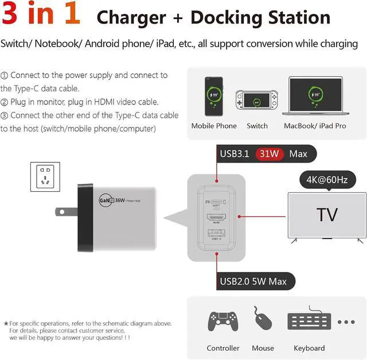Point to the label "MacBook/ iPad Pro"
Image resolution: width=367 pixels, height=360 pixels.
pos(315,126)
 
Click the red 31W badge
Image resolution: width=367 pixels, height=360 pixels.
pos(269,154)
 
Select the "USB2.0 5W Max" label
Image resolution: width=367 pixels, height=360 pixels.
pos(253,281)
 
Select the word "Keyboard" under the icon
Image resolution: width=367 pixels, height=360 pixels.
pos(309,348)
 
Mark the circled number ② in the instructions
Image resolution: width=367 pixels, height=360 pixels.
pos(4,102)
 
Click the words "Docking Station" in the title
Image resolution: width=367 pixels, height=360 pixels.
pos(260,17)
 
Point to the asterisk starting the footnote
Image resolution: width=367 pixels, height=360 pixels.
pos(6,324)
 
